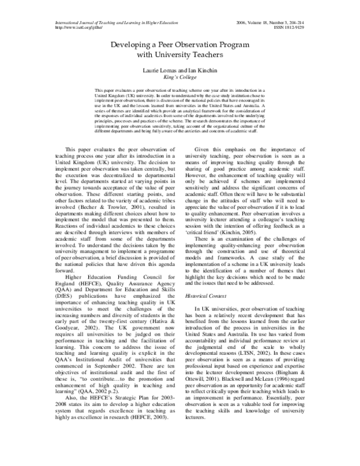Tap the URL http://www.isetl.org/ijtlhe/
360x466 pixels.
[x=78, y=28]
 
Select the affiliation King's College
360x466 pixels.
[x=179, y=78]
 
